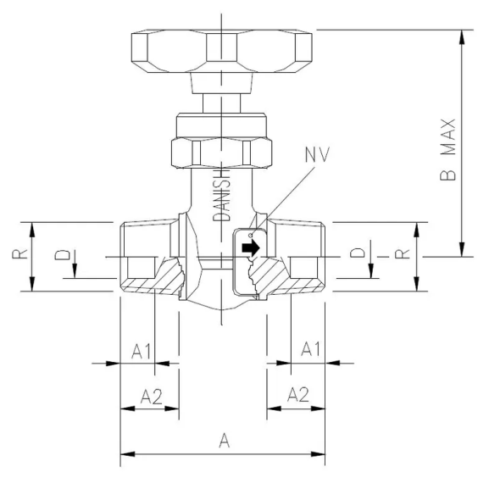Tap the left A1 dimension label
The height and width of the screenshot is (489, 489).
click(142, 349)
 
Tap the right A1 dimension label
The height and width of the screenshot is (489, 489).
click(312, 349)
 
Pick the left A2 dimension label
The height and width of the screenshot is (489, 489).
click(151, 394)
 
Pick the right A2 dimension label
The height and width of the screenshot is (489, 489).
click(298, 394)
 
